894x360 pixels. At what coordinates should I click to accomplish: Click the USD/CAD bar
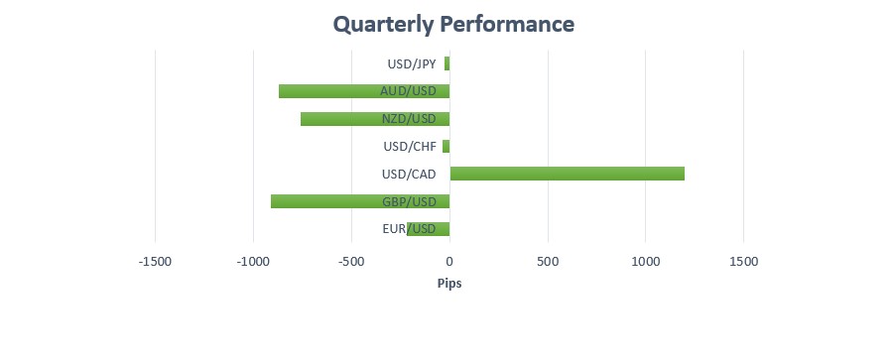(x=568, y=174)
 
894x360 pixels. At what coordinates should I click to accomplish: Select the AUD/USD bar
(x=364, y=91)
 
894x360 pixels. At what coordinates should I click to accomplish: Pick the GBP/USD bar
(x=360, y=201)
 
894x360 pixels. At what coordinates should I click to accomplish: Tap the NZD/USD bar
(x=375, y=118)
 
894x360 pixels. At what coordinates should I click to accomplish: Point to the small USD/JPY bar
(x=447, y=63)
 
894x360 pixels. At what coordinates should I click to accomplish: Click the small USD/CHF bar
(x=446, y=147)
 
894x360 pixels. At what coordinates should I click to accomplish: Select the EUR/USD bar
(x=429, y=229)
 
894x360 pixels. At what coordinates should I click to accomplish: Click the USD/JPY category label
(x=412, y=64)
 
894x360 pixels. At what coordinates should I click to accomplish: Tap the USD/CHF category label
(x=410, y=147)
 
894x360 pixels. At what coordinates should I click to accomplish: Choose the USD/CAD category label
(x=409, y=175)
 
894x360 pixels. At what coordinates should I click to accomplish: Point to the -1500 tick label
(x=155, y=262)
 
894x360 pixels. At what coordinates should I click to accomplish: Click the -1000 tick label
(x=253, y=262)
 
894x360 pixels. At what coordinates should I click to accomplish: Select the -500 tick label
(x=351, y=262)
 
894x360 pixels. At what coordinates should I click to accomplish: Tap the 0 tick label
(x=449, y=262)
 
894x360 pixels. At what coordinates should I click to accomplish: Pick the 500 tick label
(x=548, y=262)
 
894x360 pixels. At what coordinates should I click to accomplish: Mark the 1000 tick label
(x=645, y=262)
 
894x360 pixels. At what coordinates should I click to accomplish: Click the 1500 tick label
(x=743, y=262)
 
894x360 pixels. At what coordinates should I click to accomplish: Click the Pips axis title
(x=449, y=283)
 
